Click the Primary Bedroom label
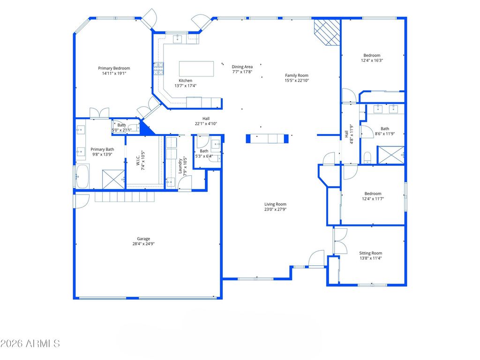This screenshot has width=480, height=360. point(114,68)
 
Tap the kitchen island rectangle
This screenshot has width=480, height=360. point(196,69)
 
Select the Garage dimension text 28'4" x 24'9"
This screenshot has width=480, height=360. point(143,244)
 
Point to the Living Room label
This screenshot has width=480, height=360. point(275,204)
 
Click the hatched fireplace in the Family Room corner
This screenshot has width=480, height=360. point(327,32)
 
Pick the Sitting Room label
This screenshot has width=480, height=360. point(370,253)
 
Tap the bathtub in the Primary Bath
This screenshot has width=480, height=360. point(82,176)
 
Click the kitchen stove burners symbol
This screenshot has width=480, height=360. point(158,68)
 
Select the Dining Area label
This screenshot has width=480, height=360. point(242,67)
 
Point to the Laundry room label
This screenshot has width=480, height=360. point(180,165)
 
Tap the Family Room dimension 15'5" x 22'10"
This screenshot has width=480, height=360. point(297,81)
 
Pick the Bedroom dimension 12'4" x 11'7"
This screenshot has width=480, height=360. point(373,199)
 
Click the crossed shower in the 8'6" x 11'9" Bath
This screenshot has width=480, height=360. point(390,155)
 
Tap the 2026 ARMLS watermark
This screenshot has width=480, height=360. point(30,344)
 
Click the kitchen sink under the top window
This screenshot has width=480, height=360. point(178,39)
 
